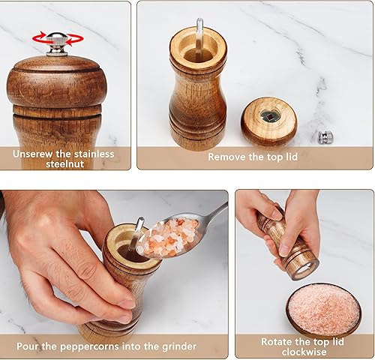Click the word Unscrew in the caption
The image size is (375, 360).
pyautogui.click(x=34, y=154)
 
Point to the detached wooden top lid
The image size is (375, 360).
pyautogui.click(x=268, y=121)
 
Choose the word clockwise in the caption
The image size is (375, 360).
pyautogui.click(x=304, y=352)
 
